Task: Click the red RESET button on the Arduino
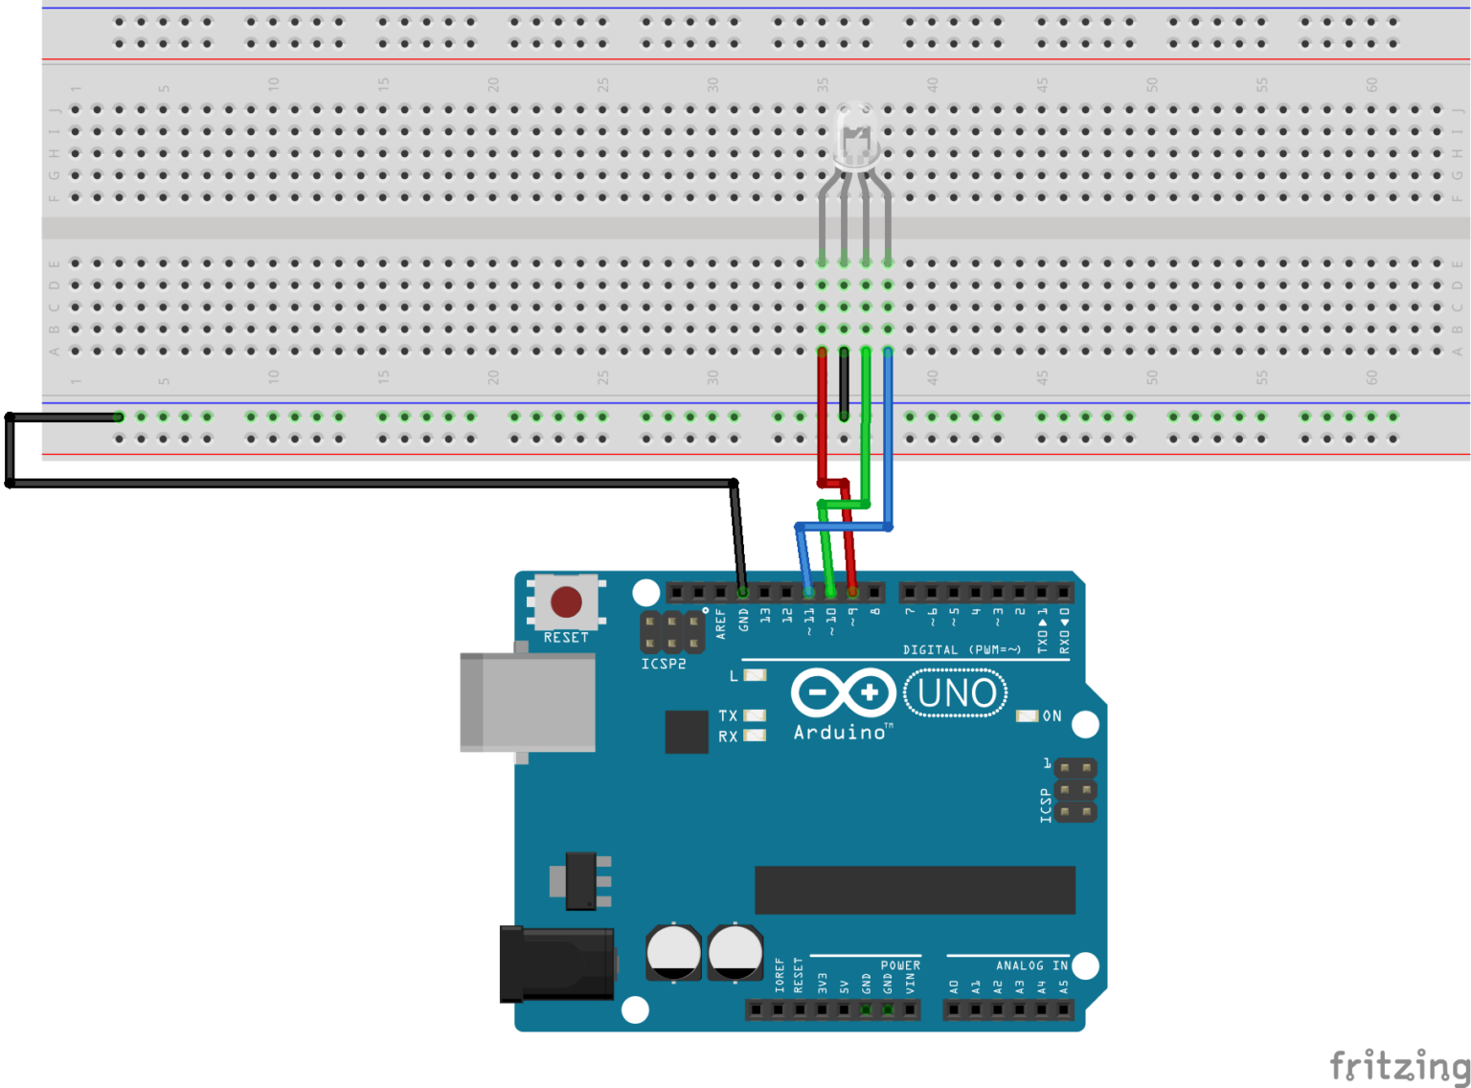point(566,602)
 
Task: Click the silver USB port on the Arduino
point(528,702)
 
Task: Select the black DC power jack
point(556,963)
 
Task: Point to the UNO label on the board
point(956,693)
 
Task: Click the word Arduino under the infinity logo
point(840,733)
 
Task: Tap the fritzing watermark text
point(1399,1065)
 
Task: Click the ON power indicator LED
point(1027,716)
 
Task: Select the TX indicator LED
point(755,715)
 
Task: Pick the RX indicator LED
point(755,736)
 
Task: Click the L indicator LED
point(755,675)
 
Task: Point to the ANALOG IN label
point(1031,965)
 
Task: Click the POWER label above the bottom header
point(900,965)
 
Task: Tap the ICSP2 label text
point(664,664)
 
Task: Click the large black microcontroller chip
point(915,891)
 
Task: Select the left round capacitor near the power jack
point(674,953)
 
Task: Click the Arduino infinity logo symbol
point(844,692)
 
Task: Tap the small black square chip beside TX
point(687,732)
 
